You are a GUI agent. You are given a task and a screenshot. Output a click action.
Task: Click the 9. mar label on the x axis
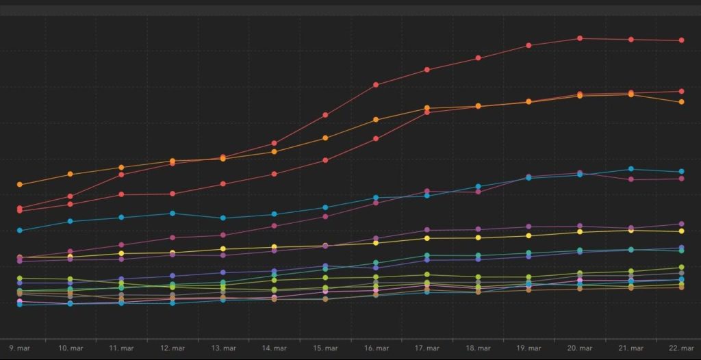(x=20, y=348)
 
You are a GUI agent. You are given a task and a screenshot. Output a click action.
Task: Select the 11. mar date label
(x=121, y=348)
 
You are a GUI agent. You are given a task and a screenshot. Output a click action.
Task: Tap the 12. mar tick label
(x=173, y=348)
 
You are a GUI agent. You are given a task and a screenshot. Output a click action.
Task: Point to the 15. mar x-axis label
(x=325, y=348)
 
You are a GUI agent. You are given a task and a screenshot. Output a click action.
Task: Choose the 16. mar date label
(x=376, y=348)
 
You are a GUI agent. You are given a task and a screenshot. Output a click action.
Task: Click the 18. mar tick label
(x=478, y=348)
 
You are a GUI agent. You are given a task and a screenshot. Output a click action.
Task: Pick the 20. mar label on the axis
(x=580, y=348)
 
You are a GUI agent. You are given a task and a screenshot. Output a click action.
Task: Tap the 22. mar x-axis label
(x=681, y=348)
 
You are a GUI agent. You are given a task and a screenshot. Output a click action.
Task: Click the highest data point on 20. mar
(x=580, y=38)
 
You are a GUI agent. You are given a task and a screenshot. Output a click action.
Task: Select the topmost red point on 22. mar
(x=682, y=40)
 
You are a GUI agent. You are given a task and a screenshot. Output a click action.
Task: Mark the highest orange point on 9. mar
(x=20, y=185)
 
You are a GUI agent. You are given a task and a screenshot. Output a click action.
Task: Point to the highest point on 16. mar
(x=376, y=85)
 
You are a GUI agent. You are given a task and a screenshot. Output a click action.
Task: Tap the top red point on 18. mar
(x=478, y=58)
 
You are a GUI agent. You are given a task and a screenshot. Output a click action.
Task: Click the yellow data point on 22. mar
(x=682, y=231)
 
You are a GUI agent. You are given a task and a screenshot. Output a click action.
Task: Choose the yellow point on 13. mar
(x=223, y=249)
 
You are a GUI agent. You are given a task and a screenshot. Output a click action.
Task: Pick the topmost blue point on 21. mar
(x=630, y=169)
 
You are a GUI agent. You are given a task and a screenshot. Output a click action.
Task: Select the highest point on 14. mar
(x=274, y=143)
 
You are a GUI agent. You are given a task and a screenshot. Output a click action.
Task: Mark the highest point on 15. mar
(x=325, y=115)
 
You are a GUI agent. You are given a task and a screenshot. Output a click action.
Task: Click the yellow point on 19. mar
(x=528, y=236)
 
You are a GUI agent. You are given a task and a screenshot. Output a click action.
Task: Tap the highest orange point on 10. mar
(x=71, y=174)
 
